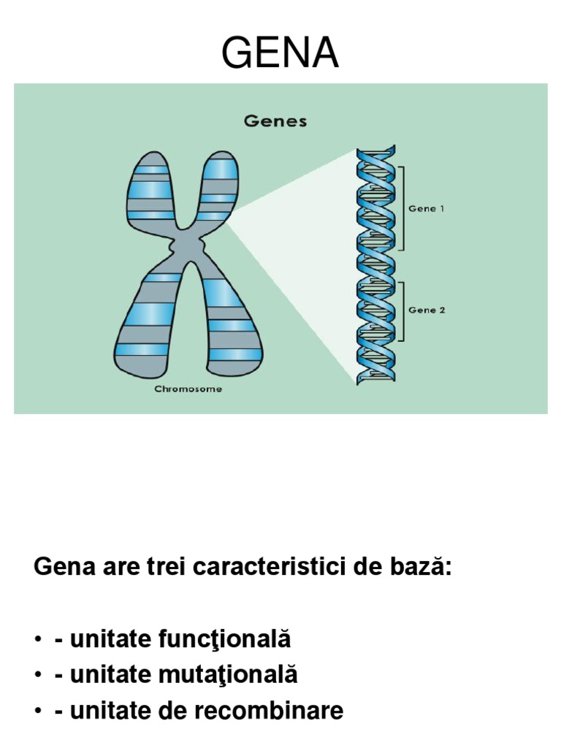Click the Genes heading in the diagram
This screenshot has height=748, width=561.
click(x=275, y=122)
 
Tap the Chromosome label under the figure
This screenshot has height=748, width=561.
click(x=188, y=389)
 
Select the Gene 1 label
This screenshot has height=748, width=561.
click(x=427, y=208)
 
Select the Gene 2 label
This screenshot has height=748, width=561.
click(x=427, y=310)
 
